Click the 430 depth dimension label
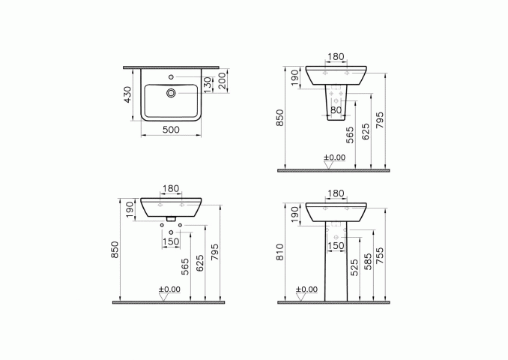pyautogui.click(x=128, y=94)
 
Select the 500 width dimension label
pyautogui.click(x=171, y=130)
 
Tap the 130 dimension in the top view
pyautogui.click(x=208, y=84)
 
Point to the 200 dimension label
pyautogui.click(x=222, y=80)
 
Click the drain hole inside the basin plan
pyautogui.click(x=171, y=94)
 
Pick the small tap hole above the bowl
pyautogui.click(x=171, y=76)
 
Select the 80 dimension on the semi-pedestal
pyautogui.click(x=336, y=110)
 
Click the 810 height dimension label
pyautogui.click(x=280, y=252)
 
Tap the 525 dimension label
pyautogui.click(x=354, y=268)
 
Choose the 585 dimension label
pyautogui.click(x=368, y=262)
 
